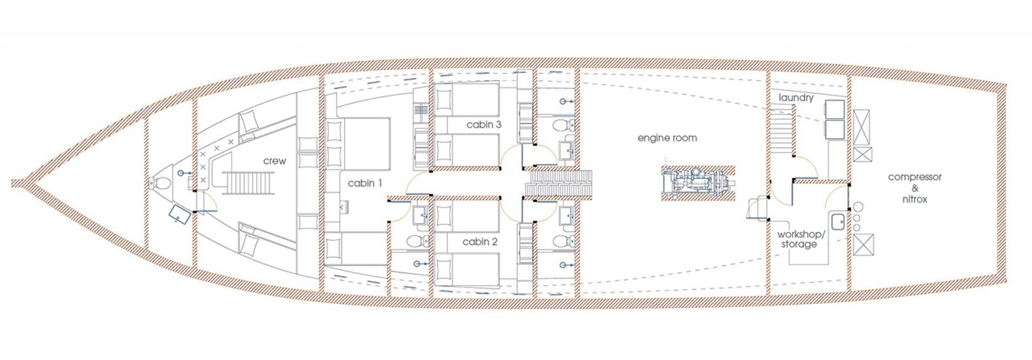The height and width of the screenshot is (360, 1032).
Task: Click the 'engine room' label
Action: tap(667, 138)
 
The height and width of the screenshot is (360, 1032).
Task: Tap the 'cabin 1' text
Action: tap(365, 183)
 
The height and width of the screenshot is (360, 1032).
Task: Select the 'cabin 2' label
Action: tap(480, 242)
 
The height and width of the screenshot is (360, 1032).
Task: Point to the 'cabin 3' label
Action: tap(484, 125)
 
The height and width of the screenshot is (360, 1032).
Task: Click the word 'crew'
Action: tap(275, 161)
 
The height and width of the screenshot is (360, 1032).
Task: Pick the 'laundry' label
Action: tap(796, 98)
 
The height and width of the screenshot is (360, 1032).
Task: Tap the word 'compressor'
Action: tap(915, 177)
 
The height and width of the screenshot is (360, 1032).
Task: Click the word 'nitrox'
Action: tap(915, 199)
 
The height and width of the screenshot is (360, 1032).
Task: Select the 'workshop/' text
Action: tap(801, 234)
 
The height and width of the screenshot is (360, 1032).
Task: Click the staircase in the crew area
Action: tap(248, 183)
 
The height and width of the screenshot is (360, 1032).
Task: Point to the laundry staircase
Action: tap(782, 129)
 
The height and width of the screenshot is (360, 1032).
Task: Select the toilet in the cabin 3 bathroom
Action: tap(563, 125)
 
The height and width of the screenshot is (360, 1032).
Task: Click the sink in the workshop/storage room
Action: tap(838, 222)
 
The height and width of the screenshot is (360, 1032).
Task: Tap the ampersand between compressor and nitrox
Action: tap(915, 188)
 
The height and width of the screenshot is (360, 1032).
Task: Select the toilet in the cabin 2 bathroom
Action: tap(563, 241)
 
